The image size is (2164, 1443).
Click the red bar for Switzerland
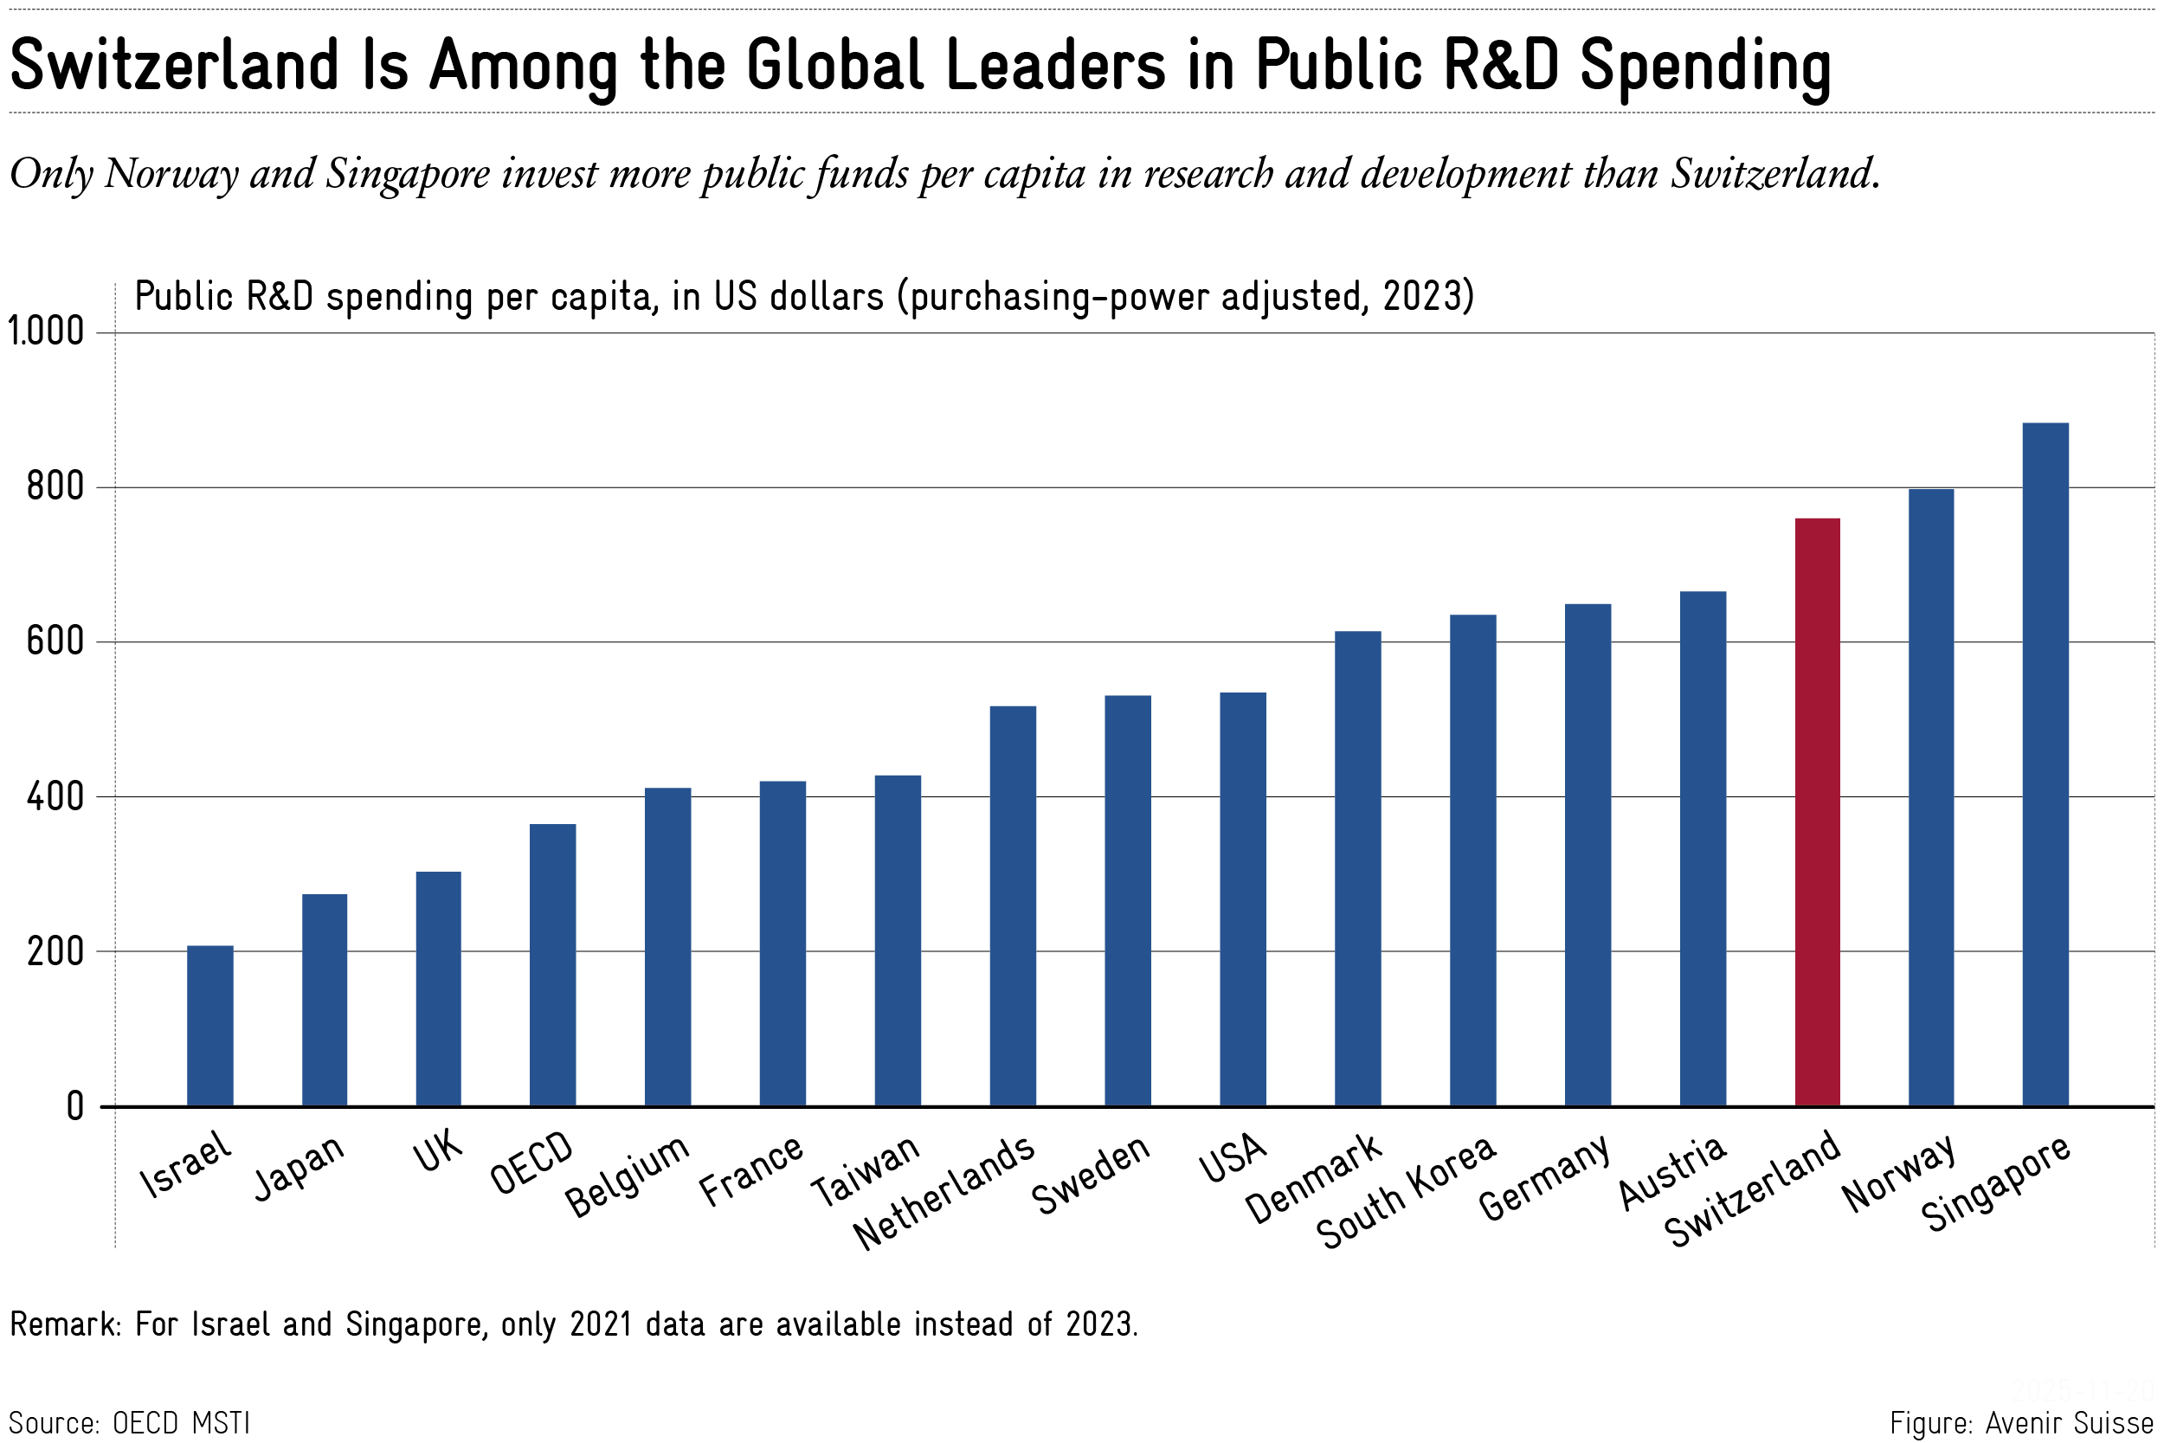(1817, 812)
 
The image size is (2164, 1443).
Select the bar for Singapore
(2045, 763)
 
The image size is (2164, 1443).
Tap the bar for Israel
(209, 1025)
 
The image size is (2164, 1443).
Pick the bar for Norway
(1931, 797)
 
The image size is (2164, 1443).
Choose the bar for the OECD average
(553, 964)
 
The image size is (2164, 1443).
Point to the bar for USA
(1243, 899)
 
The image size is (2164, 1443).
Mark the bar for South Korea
(1473, 860)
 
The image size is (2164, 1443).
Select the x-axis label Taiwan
(866, 1170)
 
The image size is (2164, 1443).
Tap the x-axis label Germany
(1545, 1177)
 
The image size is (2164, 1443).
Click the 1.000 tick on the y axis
(46, 332)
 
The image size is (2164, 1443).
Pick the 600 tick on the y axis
(55, 641)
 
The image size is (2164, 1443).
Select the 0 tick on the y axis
(75, 1106)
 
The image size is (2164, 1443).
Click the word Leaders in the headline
(1056, 67)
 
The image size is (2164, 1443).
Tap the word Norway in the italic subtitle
(171, 175)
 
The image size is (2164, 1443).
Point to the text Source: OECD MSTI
(130, 1423)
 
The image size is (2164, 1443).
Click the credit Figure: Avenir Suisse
(2021, 1423)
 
